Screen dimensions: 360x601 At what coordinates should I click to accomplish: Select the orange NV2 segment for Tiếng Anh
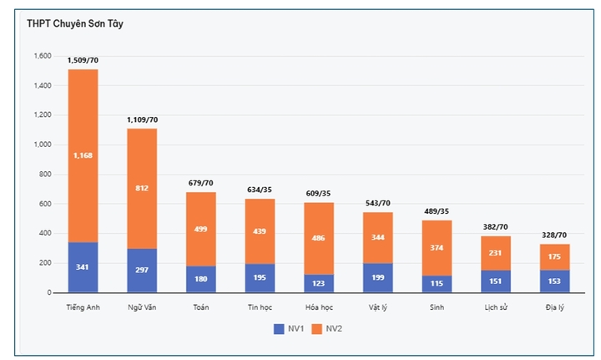(x=83, y=155)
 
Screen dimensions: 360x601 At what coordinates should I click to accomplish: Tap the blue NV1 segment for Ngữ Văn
(x=142, y=270)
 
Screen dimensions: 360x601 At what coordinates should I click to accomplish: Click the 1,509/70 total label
(x=83, y=60)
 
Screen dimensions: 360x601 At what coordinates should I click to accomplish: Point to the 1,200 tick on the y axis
(x=42, y=115)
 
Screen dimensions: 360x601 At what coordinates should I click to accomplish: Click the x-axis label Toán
(x=201, y=307)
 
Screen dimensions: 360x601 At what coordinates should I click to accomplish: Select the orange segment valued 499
(x=201, y=229)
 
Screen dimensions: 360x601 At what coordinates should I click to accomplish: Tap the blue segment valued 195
(x=260, y=277)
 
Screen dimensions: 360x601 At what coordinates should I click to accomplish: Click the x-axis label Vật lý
(x=377, y=307)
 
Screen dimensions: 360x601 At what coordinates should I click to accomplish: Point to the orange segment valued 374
(x=437, y=247)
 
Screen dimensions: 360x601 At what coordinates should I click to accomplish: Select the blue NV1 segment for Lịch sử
(x=496, y=281)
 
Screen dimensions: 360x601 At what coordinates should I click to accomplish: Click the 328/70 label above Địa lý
(x=554, y=236)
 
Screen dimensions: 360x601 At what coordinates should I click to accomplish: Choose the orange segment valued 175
(x=554, y=256)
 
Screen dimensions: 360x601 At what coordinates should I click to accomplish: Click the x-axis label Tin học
(x=260, y=307)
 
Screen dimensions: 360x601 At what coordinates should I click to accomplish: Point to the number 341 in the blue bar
(x=83, y=267)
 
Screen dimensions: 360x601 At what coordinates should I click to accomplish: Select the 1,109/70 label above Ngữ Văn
(x=142, y=119)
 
